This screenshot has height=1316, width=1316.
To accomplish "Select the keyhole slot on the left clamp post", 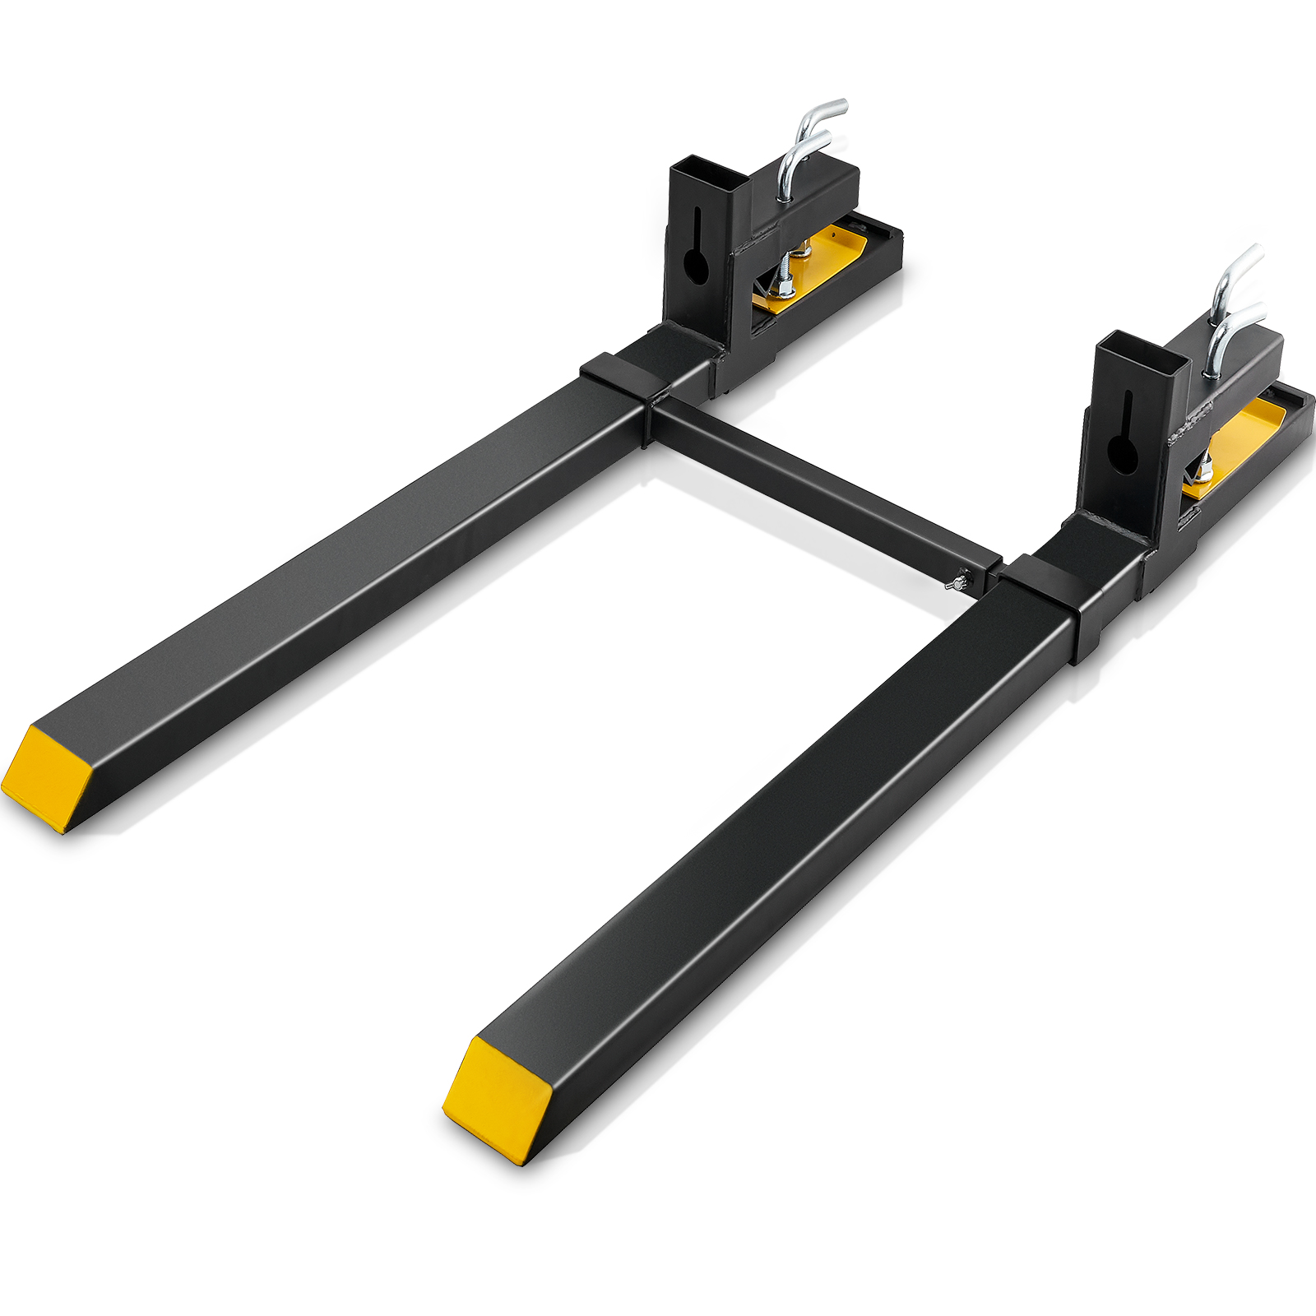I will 697,254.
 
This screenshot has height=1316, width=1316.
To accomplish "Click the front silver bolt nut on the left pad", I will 785,288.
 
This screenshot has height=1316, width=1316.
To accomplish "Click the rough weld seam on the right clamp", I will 1198,419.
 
